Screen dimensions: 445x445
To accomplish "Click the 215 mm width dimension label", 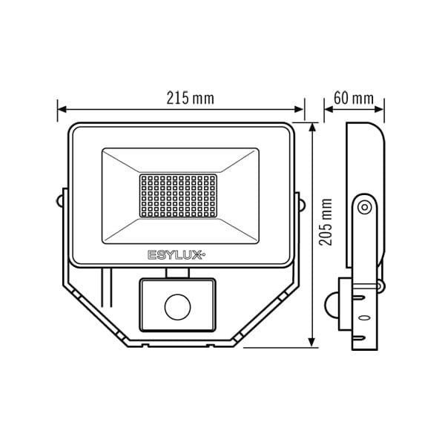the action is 190,98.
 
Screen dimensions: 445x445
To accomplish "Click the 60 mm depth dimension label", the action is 354,98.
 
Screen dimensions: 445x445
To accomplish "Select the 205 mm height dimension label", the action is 326,222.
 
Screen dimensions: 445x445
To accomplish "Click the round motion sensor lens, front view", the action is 178,307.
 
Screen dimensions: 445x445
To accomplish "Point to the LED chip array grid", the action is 178,196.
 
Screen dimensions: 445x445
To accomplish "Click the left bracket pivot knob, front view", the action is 59,201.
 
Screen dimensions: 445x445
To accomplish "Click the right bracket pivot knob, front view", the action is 303,205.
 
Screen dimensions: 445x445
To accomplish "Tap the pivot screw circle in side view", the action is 365,207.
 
